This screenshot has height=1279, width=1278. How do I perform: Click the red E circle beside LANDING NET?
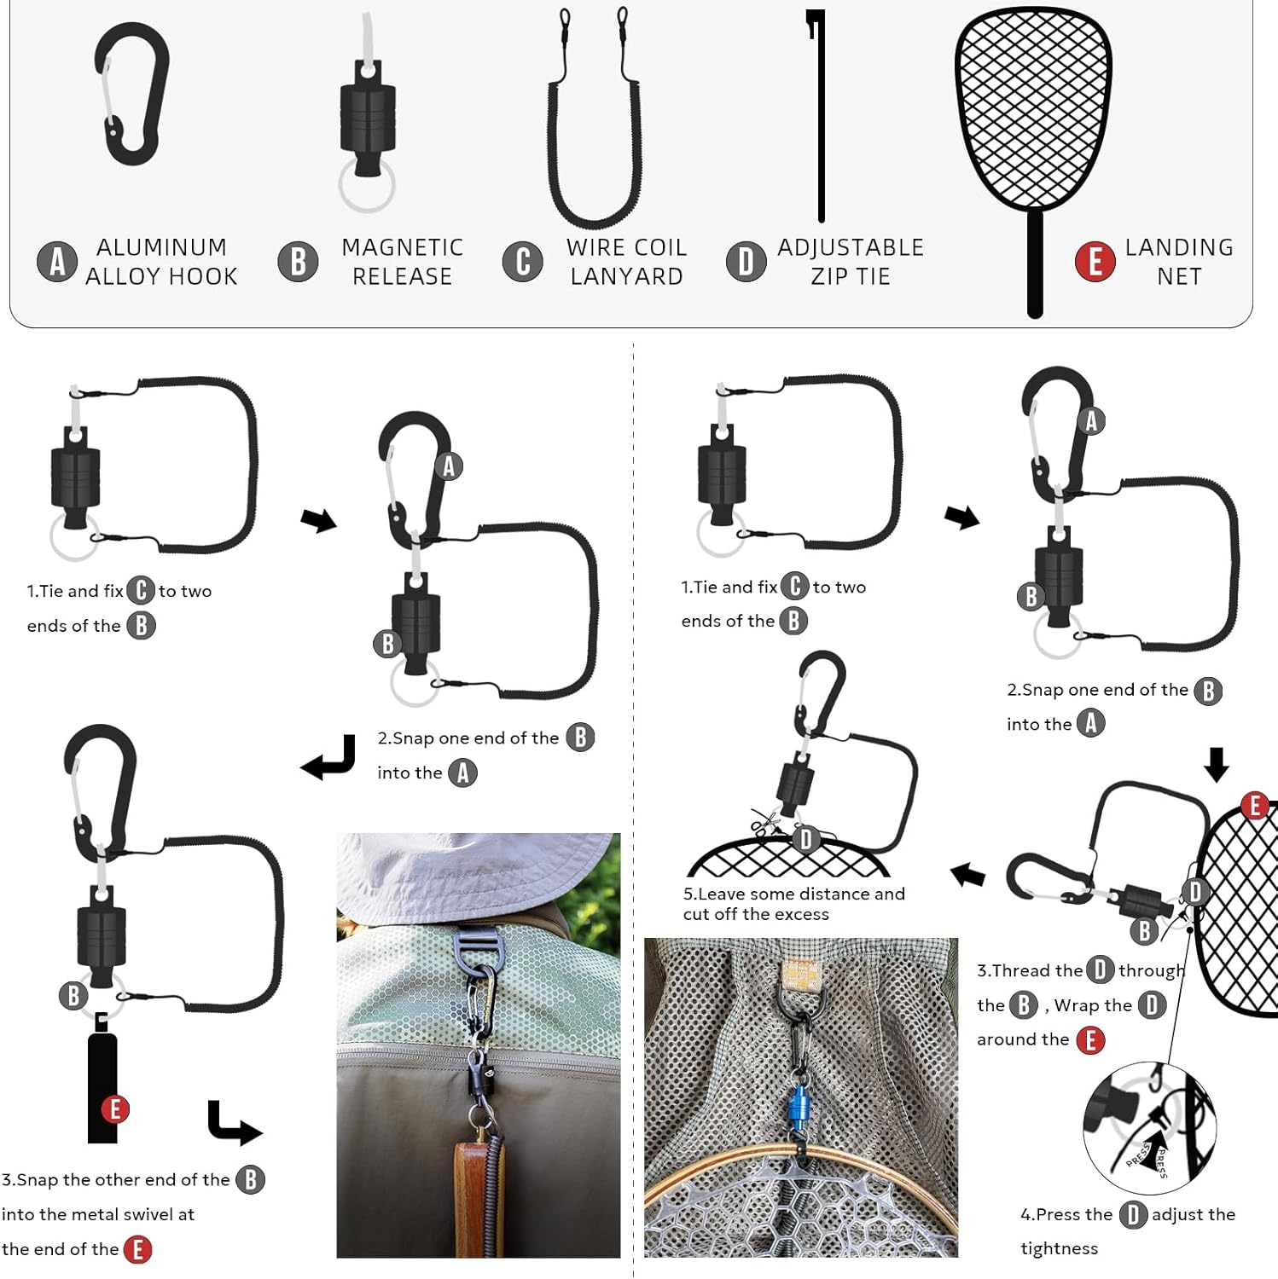click(x=1095, y=262)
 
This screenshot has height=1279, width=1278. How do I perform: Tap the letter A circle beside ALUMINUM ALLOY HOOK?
click(x=57, y=262)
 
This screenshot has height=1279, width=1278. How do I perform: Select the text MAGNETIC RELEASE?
click(x=402, y=262)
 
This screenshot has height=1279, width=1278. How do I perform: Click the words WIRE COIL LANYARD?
click(x=626, y=262)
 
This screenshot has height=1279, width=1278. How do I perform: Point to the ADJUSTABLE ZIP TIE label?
click(x=850, y=262)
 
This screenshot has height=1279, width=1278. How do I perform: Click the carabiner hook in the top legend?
click(x=132, y=93)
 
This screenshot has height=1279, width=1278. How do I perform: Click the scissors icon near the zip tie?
click(x=765, y=824)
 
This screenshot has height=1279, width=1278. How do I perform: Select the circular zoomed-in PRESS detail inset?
click(x=1149, y=1127)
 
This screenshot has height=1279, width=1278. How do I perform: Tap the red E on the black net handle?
click(x=115, y=1109)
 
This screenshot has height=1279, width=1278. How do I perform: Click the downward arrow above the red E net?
click(x=1217, y=765)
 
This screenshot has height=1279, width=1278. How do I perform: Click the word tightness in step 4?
click(x=1059, y=1248)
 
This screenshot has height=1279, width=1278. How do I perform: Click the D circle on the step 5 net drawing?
click(x=805, y=840)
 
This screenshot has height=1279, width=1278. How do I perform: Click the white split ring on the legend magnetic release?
click(x=367, y=186)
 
